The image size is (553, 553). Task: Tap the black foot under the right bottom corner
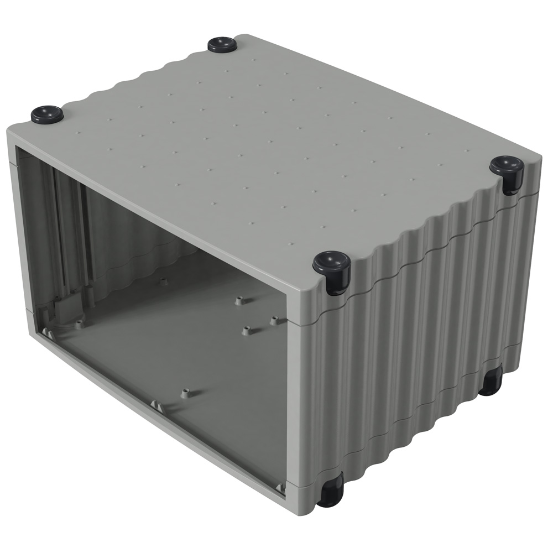490,382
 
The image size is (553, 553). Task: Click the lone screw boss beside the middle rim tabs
185,393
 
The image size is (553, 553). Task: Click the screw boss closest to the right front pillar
274,320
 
